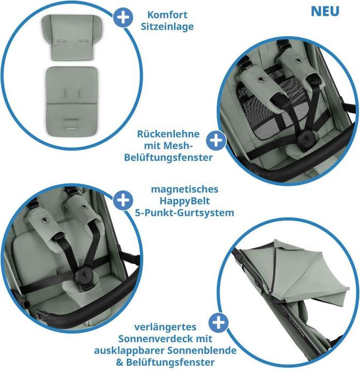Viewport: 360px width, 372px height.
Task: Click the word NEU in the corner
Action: click(x=325, y=11)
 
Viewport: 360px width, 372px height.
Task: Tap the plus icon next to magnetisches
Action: click(x=123, y=200)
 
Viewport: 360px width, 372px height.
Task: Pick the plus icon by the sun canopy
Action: click(x=220, y=323)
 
